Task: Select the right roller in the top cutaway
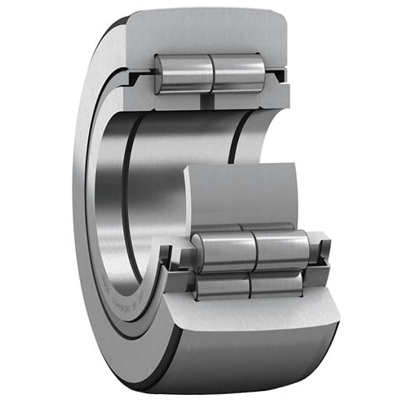tap(239, 73)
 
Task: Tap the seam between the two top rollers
tap(213, 73)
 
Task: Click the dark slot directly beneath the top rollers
tap(207, 100)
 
